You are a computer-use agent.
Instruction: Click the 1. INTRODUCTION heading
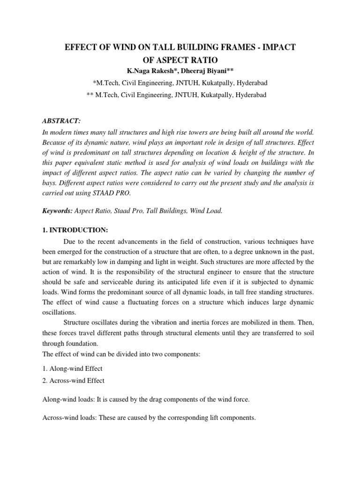tap(75, 230)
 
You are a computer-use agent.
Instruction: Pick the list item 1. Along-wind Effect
tap(73, 369)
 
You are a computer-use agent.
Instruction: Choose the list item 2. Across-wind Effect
tap(74, 381)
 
